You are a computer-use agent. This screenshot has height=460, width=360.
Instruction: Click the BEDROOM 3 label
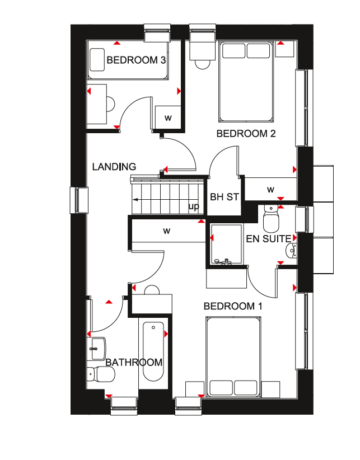point(136,60)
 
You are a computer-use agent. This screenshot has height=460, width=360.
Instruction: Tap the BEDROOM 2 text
point(246,134)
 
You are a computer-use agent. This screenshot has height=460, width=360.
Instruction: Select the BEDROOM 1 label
point(233,306)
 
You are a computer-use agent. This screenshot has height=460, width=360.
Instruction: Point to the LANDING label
point(114,167)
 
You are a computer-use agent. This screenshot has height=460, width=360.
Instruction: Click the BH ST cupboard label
point(225,197)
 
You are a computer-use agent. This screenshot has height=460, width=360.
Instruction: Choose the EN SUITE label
point(268,239)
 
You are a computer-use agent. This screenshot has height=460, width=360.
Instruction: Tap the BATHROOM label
point(134,363)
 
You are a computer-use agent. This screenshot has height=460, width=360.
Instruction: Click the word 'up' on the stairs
point(194,206)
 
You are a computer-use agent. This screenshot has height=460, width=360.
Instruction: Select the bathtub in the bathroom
point(153,351)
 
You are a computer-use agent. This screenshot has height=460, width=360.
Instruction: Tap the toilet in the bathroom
point(101,374)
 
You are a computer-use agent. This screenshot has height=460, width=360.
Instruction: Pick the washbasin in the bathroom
point(96,349)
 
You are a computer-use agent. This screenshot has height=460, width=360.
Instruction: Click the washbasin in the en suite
point(291,251)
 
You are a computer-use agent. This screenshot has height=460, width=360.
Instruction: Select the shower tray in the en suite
point(226,245)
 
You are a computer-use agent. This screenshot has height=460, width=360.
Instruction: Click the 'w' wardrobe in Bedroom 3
point(168,118)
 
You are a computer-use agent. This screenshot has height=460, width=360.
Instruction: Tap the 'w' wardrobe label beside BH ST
point(270,190)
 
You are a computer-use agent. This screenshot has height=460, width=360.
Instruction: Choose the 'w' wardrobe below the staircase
point(167,231)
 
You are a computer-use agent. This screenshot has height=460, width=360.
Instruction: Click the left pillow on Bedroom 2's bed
point(233,51)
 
